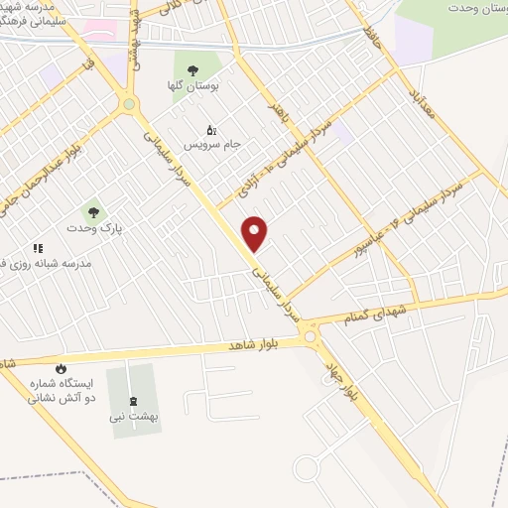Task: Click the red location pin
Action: coord(256,233)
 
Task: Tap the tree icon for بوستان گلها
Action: coord(192,69)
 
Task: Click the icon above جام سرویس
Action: coord(210,129)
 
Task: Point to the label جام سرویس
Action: coord(210,146)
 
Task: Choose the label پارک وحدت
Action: coord(92,228)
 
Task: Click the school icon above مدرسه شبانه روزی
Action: coord(38,248)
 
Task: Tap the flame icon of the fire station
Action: coord(62,368)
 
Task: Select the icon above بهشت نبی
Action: coord(134,401)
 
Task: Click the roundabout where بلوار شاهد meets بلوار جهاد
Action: coord(314,338)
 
